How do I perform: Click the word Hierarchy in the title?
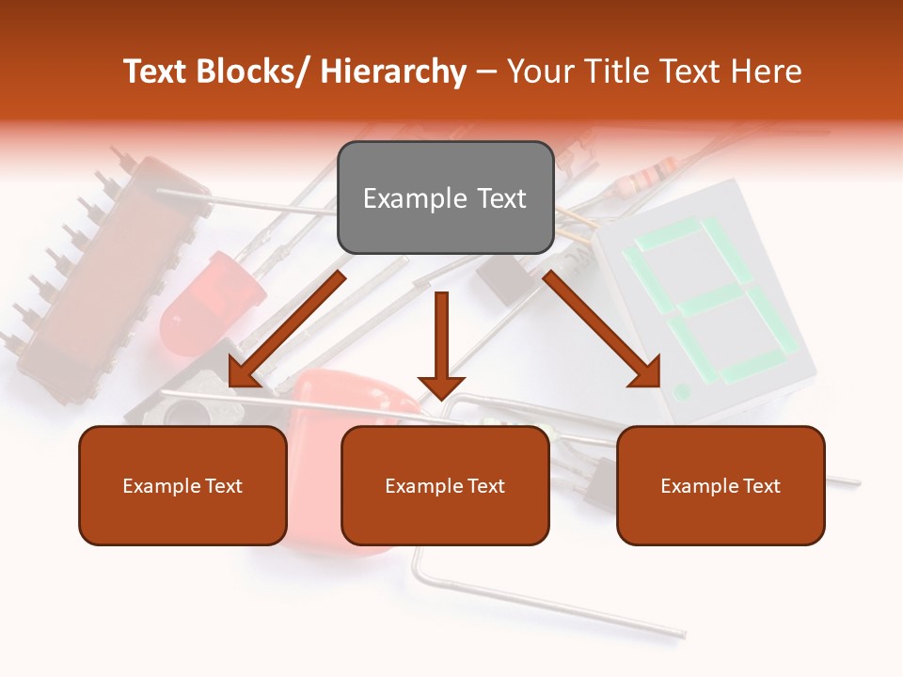pos(393,71)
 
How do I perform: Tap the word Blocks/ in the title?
pos(249,71)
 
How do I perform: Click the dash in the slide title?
pos(486,71)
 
